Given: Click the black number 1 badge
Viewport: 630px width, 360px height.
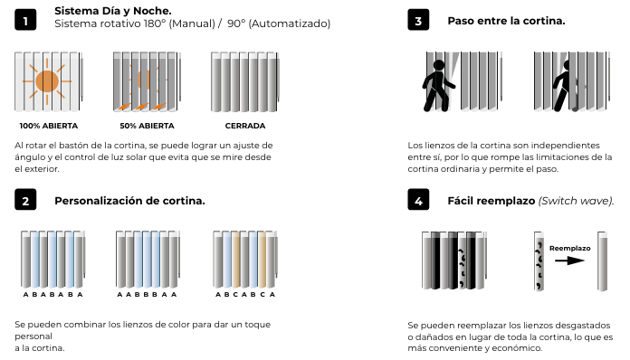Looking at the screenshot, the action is pyautogui.click(x=25, y=20).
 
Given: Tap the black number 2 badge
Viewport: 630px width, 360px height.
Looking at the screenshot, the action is pyautogui.click(x=25, y=200).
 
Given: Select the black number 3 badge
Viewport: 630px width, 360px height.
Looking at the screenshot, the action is pyautogui.click(x=418, y=20).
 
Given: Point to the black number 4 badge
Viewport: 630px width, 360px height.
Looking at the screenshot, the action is pyautogui.click(x=418, y=200).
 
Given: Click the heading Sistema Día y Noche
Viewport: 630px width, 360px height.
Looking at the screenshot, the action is pyautogui.click(x=113, y=11).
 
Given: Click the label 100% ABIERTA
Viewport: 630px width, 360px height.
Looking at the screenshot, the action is pyautogui.click(x=49, y=126).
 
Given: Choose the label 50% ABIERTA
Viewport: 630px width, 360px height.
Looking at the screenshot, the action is pyautogui.click(x=147, y=126).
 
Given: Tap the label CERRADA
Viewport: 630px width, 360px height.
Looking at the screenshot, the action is pyautogui.click(x=245, y=126).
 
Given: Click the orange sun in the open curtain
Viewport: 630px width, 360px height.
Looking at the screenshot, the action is pyautogui.click(x=47, y=81).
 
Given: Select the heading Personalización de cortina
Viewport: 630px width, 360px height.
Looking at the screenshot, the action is pyautogui.click(x=129, y=201).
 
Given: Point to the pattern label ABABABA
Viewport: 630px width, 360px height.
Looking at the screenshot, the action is pyautogui.click(x=52, y=295).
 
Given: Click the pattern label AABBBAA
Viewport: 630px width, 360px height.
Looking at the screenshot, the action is pyautogui.click(x=147, y=295).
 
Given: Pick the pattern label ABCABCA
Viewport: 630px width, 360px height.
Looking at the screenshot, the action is pyautogui.click(x=245, y=295).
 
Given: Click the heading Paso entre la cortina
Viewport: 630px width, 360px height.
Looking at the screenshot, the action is pyautogui.click(x=506, y=21).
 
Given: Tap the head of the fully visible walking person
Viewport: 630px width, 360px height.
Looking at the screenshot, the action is pyautogui.click(x=439, y=65).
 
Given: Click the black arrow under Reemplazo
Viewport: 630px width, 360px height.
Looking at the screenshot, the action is pyautogui.click(x=569, y=261).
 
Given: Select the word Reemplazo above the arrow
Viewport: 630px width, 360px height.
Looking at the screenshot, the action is pyautogui.click(x=569, y=249).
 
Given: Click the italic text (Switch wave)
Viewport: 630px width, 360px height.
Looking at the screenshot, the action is pyautogui.click(x=577, y=201).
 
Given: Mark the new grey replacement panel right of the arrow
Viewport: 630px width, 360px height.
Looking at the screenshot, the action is pyautogui.click(x=602, y=261).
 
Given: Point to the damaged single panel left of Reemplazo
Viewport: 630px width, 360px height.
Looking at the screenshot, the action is pyautogui.click(x=539, y=261).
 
